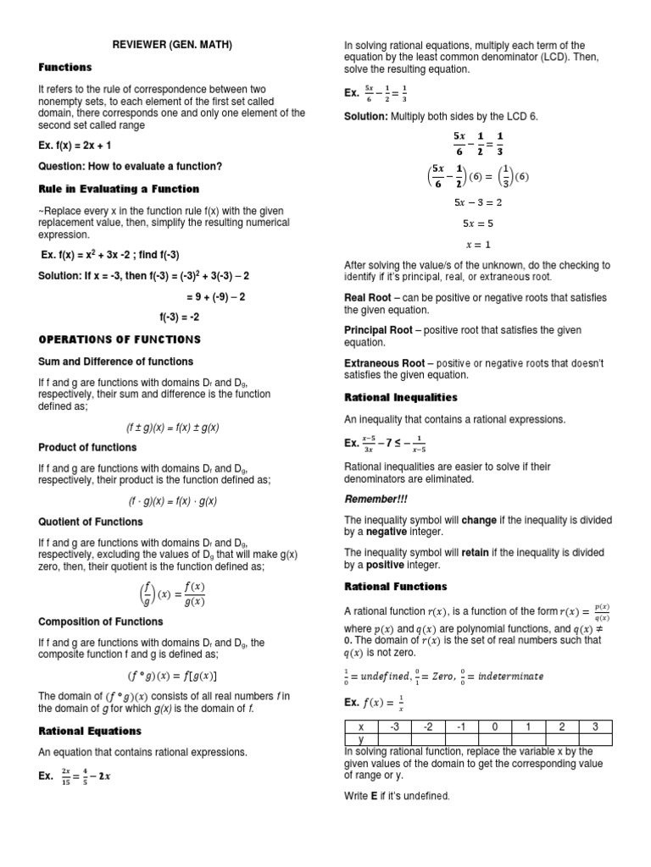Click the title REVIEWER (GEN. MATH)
[x=173, y=45]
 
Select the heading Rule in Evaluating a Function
[x=119, y=189]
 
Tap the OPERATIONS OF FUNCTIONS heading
[x=120, y=340]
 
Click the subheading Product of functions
[x=87, y=447]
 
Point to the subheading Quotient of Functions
[x=91, y=522]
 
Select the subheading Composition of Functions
[x=101, y=621]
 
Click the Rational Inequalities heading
[x=400, y=397]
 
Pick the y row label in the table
[x=361, y=739]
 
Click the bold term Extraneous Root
[x=384, y=363]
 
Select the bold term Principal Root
[x=378, y=330]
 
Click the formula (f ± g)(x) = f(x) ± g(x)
[x=173, y=428]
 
